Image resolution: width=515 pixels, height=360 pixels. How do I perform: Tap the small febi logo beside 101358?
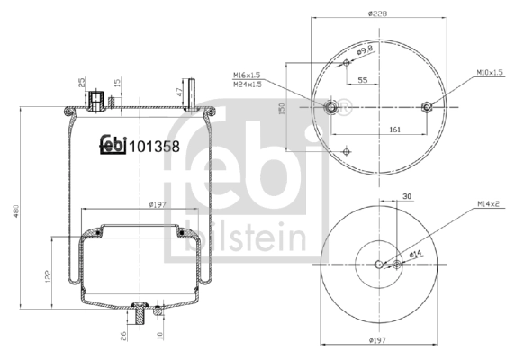tap(112, 144)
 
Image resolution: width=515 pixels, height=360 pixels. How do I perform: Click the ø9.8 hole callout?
tap(363, 52)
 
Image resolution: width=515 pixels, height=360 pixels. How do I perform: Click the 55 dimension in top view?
tap(362, 80)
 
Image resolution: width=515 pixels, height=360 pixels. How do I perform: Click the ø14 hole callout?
tap(416, 256)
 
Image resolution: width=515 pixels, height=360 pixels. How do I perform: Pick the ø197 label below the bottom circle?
tap(378, 339)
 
